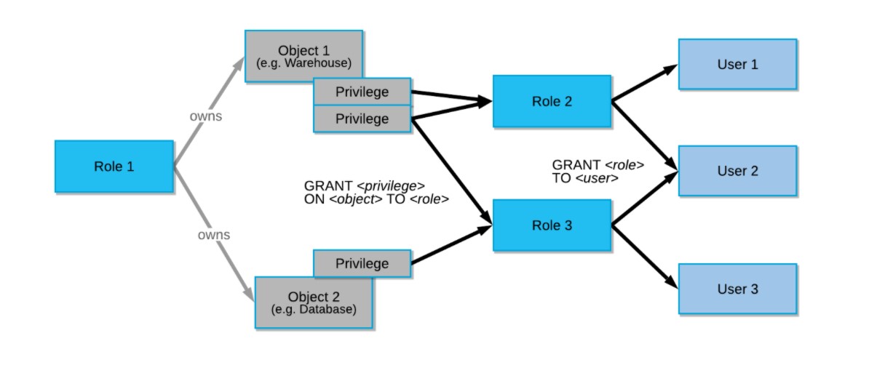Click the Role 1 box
tap(114, 167)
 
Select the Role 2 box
tap(552, 102)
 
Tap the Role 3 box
tap(552, 225)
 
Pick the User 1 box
tap(737, 65)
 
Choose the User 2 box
tap(737, 171)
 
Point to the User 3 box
tap(737, 289)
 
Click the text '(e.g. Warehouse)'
tap(303, 63)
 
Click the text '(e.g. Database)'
tap(313, 310)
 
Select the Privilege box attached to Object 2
tap(362, 264)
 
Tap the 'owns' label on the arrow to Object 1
tap(205, 116)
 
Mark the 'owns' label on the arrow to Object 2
tap(214, 235)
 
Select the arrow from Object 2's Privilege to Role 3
tap(451, 244)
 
